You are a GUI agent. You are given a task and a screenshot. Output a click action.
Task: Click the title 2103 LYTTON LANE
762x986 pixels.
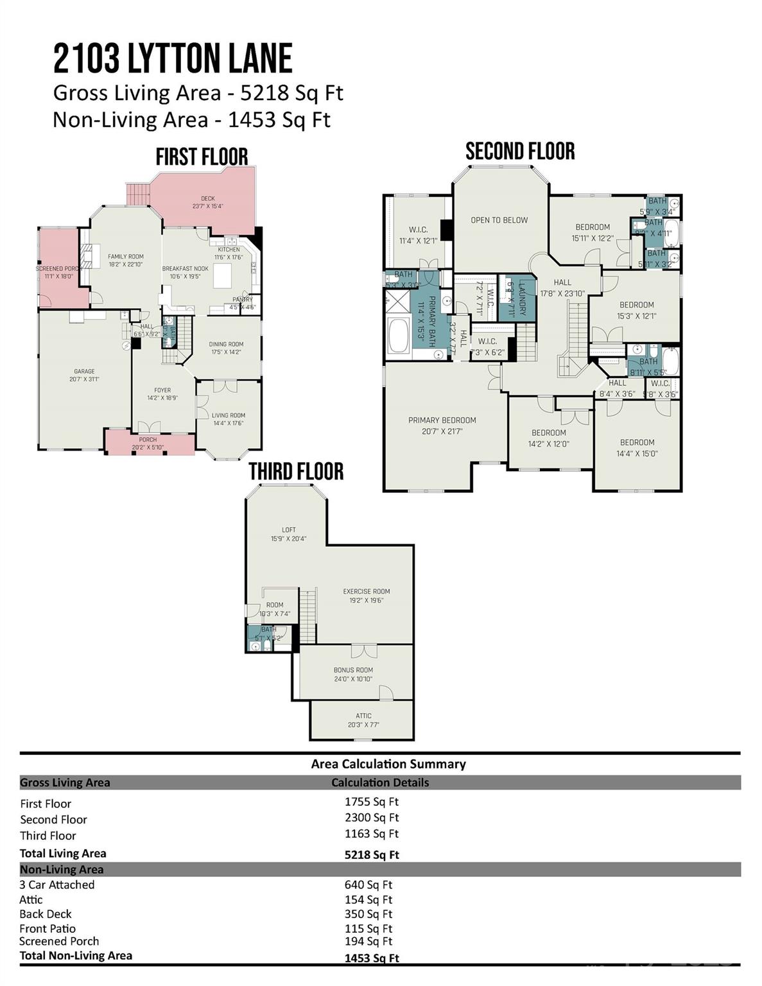tap(173, 59)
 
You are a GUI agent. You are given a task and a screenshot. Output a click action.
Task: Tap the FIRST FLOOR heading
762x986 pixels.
tap(202, 157)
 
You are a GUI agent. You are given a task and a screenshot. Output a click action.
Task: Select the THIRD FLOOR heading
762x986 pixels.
tap(296, 471)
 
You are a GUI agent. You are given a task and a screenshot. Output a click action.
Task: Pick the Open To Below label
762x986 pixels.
tap(499, 220)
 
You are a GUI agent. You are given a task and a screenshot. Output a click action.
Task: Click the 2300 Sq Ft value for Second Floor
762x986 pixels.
tap(371, 818)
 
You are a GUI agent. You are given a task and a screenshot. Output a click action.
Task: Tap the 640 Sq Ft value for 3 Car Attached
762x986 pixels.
tap(368, 885)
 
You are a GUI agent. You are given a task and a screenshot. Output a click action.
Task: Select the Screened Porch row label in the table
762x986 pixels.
tap(59, 942)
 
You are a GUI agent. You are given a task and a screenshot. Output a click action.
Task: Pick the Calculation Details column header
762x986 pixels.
tap(380, 783)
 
